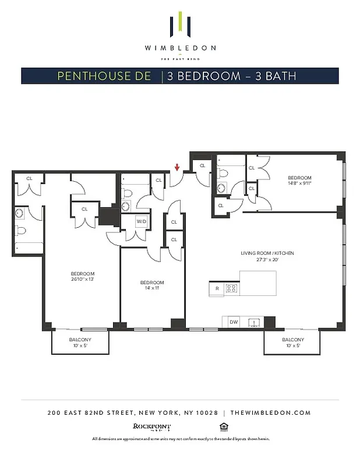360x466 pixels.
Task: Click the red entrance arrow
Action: (177, 168)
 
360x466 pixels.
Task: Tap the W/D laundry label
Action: (142, 222)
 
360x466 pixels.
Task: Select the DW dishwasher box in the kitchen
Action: (234, 322)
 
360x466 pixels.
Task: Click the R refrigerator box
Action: (217, 288)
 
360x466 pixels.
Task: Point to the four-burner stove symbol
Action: (231, 288)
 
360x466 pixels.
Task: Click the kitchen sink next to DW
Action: (255, 322)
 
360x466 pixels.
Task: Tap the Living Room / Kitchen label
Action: (267, 253)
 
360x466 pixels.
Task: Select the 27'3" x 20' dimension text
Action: (267, 260)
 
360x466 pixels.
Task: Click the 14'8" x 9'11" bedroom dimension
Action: (299, 183)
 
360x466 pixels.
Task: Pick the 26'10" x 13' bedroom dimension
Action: (82, 279)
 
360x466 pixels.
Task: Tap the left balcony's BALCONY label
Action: (80, 340)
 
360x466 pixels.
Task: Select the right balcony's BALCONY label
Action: (292, 340)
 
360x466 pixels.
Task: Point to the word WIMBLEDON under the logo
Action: (180, 48)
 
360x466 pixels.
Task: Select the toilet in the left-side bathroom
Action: (20, 230)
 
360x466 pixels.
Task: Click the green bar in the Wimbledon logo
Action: (181, 22)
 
